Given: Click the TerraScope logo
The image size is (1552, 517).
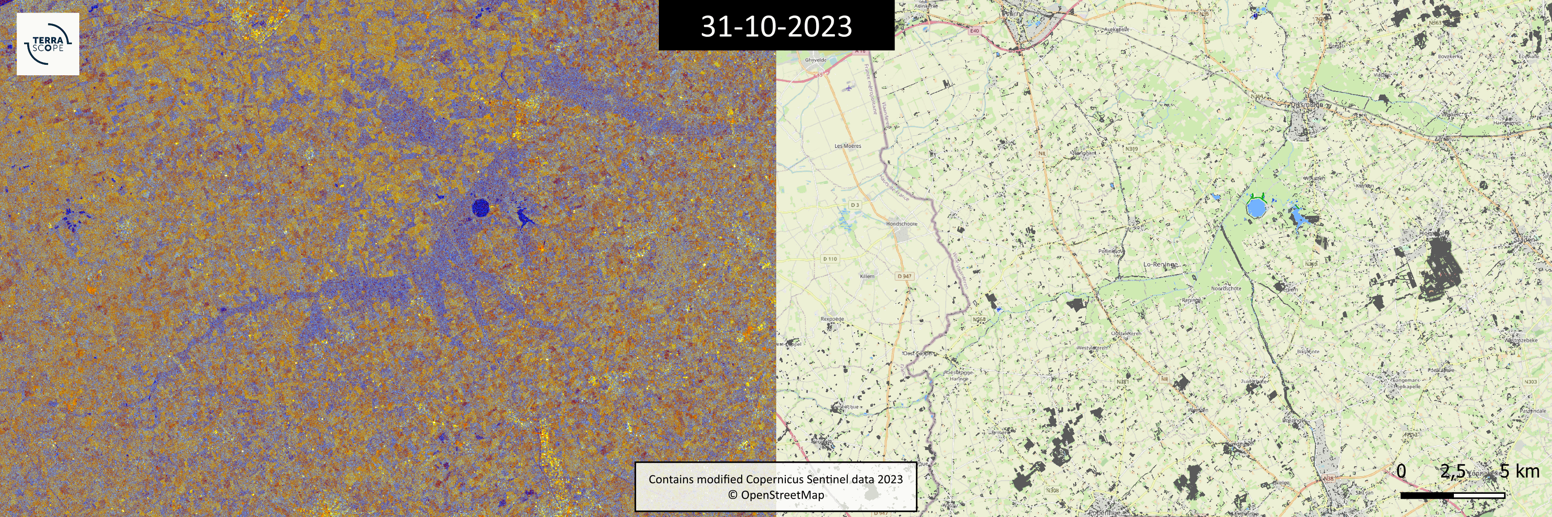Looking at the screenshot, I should tap(48, 44).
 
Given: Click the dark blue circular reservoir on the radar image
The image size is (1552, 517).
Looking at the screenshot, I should tap(480, 208).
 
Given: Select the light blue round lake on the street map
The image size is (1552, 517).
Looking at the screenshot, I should tap(1255, 209).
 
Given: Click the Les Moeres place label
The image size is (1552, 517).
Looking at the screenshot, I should tap(848, 146).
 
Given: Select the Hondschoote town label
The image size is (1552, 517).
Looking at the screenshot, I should tap(902, 224).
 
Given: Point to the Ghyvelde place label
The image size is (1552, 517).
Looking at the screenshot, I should tap(816, 60).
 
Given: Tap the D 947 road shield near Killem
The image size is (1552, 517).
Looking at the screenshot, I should tap(904, 276).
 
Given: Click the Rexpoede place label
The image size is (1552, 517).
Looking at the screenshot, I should tap(832, 319).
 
